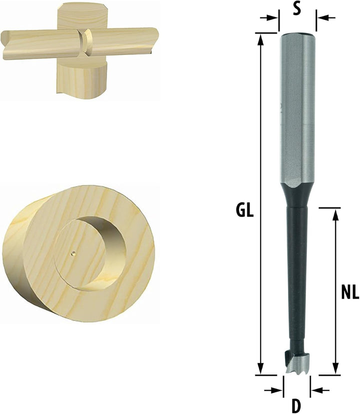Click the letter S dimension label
click(x=297, y=9)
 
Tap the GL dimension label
click(x=245, y=210)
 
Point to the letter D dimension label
click(x=296, y=406)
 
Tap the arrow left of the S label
click(x=269, y=18)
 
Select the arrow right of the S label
click(x=326, y=18)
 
